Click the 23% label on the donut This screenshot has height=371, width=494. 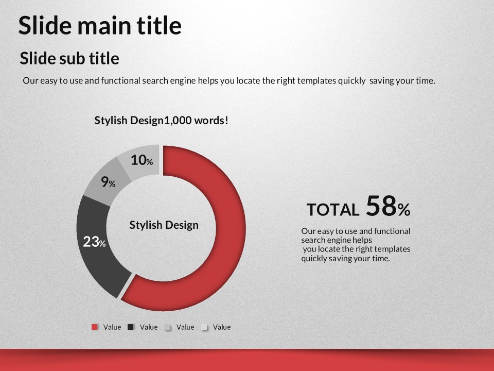(x=94, y=242)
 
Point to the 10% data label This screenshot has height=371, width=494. (x=142, y=160)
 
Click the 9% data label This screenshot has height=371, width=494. (x=108, y=182)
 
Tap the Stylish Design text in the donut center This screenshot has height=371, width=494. (x=164, y=225)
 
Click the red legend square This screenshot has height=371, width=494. (x=95, y=327)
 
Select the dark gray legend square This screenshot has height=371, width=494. (x=131, y=327)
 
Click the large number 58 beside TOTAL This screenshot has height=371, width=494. (x=381, y=206)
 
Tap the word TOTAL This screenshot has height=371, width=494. (x=333, y=210)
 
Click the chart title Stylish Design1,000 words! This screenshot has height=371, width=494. (x=161, y=120)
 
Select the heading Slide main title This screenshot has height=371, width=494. (x=100, y=25)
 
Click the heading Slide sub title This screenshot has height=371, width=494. (x=69, y=58)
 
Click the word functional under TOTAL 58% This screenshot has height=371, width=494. (x=392, y=231)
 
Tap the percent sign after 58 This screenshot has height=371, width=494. (x=404, y=210)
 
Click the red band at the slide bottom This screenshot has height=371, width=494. (x=247, y=360)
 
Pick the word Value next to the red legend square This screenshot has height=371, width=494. (x=112, y=327)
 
